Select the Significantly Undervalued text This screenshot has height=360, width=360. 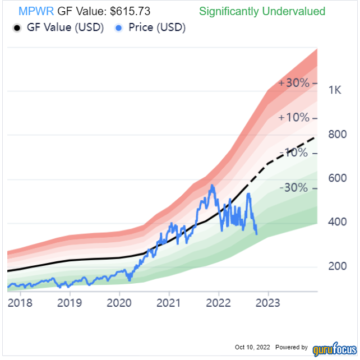point(262,11)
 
